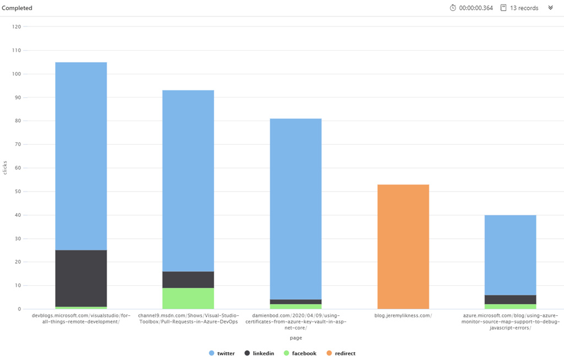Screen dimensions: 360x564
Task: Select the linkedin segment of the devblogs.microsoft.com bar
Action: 81,278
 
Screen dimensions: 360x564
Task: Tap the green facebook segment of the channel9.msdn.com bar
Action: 188,298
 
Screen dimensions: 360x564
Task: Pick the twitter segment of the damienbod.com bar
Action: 295,209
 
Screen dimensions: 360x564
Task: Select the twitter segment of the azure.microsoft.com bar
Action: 510,255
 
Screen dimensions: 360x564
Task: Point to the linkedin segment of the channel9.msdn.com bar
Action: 188,280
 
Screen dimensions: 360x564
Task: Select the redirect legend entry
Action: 340,353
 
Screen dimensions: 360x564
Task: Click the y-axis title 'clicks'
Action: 6,168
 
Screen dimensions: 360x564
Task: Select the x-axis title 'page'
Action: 296,338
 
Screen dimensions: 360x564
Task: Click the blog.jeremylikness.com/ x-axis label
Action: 403,315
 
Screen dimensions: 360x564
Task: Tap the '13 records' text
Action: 524,8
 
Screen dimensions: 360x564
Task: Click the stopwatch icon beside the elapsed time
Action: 453,8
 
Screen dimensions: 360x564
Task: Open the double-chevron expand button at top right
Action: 550,8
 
